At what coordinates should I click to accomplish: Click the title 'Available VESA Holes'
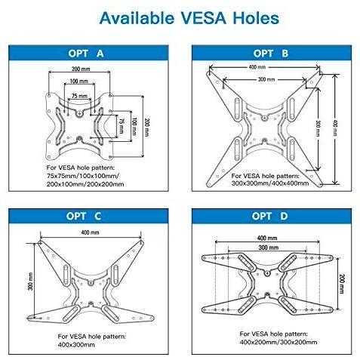click(189, 18)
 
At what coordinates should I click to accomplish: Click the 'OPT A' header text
click(86, 54)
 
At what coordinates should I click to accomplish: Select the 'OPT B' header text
click(271, 54)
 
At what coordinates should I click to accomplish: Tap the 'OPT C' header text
click(84, 217)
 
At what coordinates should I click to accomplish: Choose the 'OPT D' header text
click(269, 217)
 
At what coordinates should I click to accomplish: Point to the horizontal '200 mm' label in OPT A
click(81, 69)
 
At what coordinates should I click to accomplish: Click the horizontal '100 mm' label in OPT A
click(78, 81)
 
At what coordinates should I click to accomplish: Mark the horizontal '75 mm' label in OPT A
click(79, 96)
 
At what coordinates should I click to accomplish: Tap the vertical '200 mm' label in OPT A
click(146, 128)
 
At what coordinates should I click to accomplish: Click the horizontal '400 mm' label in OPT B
click(257, 67)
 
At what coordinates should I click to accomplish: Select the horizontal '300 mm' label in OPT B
click(266, 79)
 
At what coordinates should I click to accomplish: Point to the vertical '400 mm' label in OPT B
click(335, 128)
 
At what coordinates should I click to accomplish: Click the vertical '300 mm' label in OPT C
click(30, 282)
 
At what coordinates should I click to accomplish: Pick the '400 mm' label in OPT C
click(90, 232)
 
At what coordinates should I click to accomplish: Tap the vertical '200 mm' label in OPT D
click(342, 284)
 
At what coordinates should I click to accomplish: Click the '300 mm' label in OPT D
click(268, 248)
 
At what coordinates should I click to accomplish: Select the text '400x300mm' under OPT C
click(76, 345)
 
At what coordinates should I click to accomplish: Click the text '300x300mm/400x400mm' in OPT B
click(270, 183)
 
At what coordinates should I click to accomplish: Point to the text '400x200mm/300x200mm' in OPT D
click(278, 342)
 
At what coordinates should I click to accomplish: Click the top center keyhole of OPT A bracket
click(79, 114)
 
